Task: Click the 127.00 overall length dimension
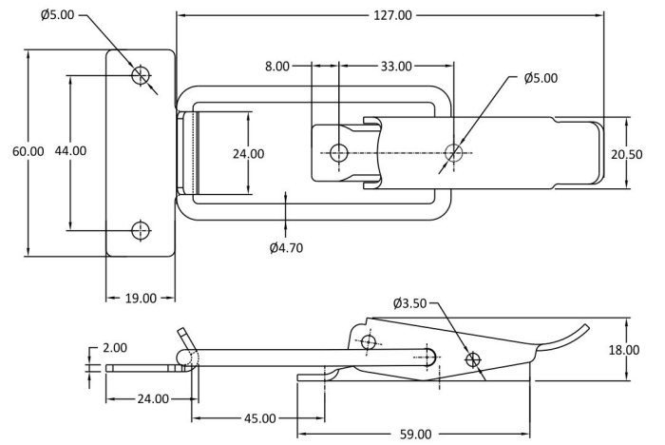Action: [x=392, y=16]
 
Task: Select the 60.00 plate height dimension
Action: [x=28, y=151]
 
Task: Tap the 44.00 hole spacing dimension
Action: [x=70, y=150]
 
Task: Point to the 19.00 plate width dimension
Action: [x=141, y=298]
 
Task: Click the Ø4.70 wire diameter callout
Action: [x=286, y=247]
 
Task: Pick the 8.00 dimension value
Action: [x=277, y=67]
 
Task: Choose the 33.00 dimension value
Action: [x=396, y=67]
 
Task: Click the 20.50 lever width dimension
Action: [x=626, y=154]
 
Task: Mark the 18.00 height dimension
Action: [x=624, y=350]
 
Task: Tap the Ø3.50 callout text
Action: [x=409, y=303]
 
